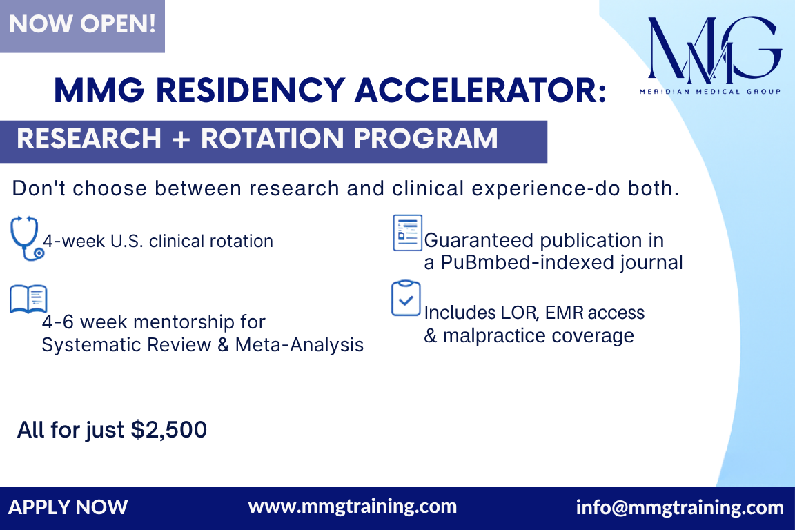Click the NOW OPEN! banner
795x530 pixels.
(x=82, y=26)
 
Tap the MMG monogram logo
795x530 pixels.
(x=714, y=50)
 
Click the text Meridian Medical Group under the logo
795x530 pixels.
(x=710, y=92)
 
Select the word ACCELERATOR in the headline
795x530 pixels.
(x=480, y=90)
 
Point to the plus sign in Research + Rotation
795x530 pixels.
(x=181, y=139)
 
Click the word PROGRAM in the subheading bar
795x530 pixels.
(x=425, y=139)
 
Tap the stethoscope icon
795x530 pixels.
(x=26, y=238)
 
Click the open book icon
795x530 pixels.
(x=28, y=299)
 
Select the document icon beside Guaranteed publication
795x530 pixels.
(x=408, y=233)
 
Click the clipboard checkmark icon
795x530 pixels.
(x=406, y=298)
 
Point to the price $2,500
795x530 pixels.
(x=169, y=430)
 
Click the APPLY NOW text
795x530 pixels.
(x=68, y=507)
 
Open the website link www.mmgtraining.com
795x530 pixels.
(x=353, y=507)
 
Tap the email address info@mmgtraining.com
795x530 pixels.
(x=680, y=507)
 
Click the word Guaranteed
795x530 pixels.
(x=479, y=240)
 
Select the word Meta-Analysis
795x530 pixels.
(x=299, y=345)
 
